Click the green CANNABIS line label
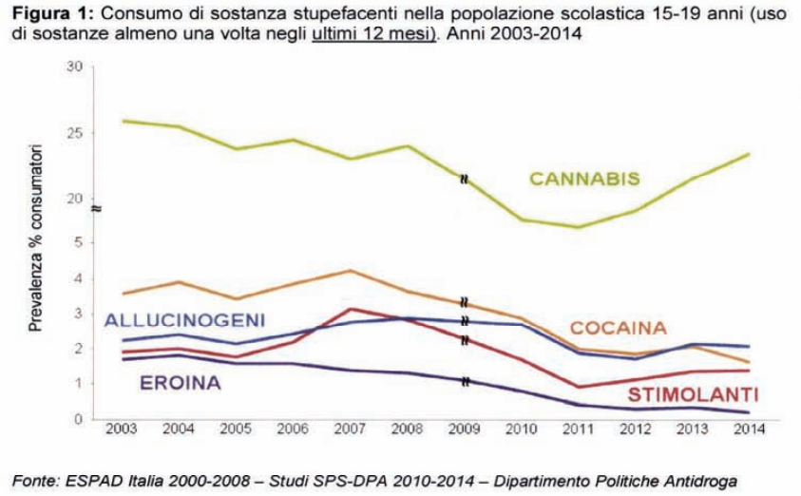(x=583, y=179)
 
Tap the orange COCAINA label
(x=618, y=328)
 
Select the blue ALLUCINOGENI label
(x=184, y=320)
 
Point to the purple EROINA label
(x=180, y=383)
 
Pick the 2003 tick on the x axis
(x=122, y=429)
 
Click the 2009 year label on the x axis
(x=465, y=429)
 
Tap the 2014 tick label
(x=750, y=429)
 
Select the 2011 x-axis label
(x=579, y=429)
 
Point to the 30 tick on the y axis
(x=75, y=67)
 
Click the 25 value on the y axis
(x=75, y=133)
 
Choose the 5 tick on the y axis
(x=79, y=242)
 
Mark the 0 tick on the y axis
(x=79, y=419)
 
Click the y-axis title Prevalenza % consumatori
(x=35, y=238)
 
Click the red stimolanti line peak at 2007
(x=351, y=309)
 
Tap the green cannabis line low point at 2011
(x=579, y=227)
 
